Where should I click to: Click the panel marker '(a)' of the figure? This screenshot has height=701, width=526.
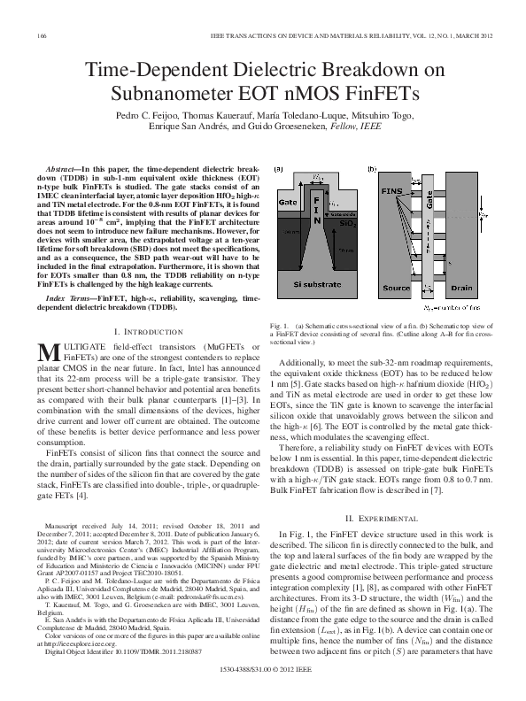(x=278, y=169)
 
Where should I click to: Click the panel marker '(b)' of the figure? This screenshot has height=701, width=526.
(x=371, y=169)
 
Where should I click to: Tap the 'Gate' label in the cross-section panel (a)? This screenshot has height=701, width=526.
(x=285, y=203)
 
